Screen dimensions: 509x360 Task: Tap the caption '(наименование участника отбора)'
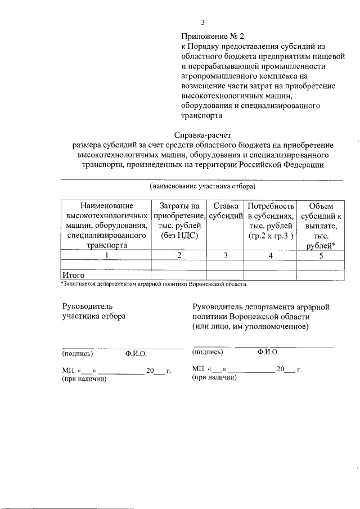click(202, 186)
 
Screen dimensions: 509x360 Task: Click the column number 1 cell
click(106, 255)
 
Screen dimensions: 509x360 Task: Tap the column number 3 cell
click(225, 255)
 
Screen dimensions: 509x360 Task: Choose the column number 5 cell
click(321, 255)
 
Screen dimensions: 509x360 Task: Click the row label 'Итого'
click(73, 276)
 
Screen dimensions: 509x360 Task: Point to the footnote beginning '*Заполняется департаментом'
click(154, 283)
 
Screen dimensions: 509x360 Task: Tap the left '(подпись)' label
click(78, 354)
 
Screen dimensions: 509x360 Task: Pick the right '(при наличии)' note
click(214, 377)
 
